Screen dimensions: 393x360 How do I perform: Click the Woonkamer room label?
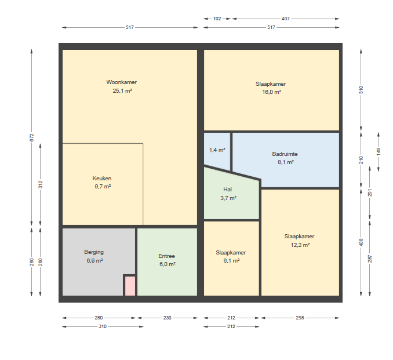point(122,82)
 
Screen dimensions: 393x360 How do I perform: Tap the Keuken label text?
point(102,179)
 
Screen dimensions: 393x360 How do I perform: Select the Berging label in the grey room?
point(94,252)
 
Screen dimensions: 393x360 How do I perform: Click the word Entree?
point(167,256)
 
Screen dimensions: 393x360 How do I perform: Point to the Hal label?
point(228,190)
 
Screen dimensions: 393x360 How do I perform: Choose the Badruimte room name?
point(285,154)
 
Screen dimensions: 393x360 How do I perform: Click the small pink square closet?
point(130,286)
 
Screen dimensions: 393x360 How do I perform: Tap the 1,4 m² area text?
point(217,150)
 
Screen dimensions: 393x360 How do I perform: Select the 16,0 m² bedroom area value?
point(272,92)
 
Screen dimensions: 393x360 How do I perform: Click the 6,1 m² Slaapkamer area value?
point(231,261)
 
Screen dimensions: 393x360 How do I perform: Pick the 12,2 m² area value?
point(300,245)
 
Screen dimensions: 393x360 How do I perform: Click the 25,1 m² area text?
point(122,91)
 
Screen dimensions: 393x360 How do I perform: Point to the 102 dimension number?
point(217,19)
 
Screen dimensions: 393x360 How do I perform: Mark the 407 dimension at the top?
point(286,19)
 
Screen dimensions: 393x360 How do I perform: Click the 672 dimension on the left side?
point(31,137)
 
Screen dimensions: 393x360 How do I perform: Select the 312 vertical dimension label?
point(41,184)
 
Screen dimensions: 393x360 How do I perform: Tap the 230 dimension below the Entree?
point(167,318)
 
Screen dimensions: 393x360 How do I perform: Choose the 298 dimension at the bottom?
point(300,318)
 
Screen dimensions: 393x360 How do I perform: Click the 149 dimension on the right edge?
point(379,152)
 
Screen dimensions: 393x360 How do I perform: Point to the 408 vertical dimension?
point(361,242)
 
